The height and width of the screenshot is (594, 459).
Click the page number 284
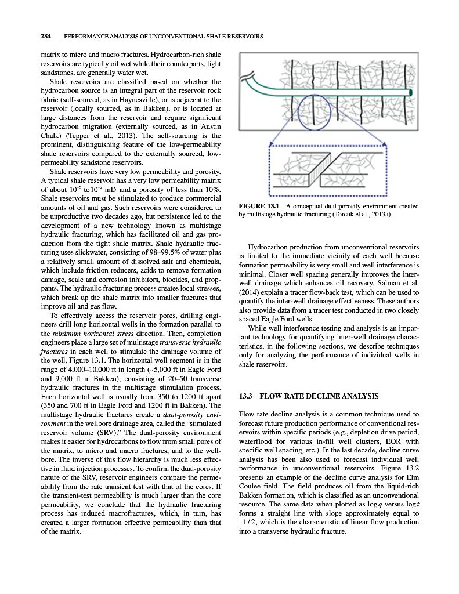pos(46,36)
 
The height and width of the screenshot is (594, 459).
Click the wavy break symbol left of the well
pos(251,75)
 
